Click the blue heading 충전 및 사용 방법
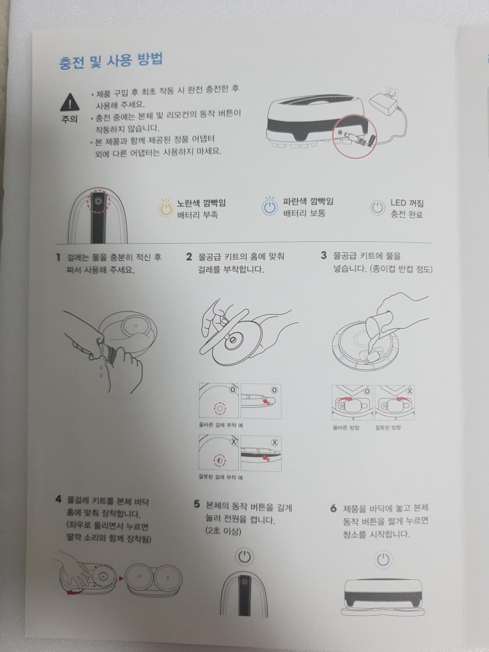[x=111, y=61]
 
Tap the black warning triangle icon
[x=69, y=102]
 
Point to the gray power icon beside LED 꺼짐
[x=377, y=208]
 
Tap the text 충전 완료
[x=407, y=215]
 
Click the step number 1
[x=58, y=257]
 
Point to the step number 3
[x=323, y=255]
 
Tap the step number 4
[x=58, y=499]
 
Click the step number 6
[x=333, y=508]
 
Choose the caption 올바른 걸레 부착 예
[x=221, y=425]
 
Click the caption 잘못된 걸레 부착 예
[x=221, y=477]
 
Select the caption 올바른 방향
[x=346, y=427]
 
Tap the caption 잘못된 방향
[x=388, y=427]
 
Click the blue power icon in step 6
[x=383, y=559]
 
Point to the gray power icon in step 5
[x=244, y=557]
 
